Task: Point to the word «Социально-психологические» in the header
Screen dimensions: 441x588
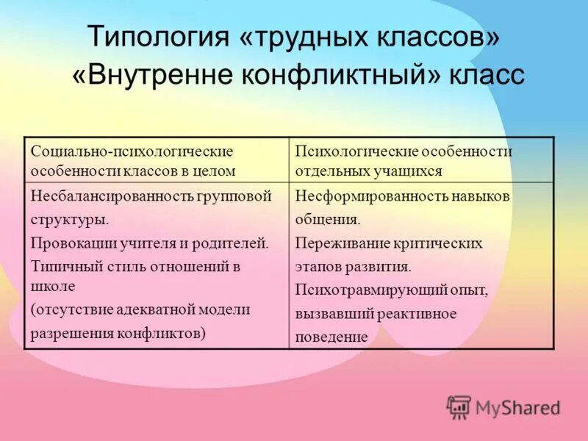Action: [132, 151]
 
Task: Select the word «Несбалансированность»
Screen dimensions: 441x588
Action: [110, 196]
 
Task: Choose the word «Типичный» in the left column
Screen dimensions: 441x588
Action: [63, 266]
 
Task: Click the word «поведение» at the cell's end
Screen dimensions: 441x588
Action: [331, 337]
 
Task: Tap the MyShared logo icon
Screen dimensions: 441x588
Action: [459, 406]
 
